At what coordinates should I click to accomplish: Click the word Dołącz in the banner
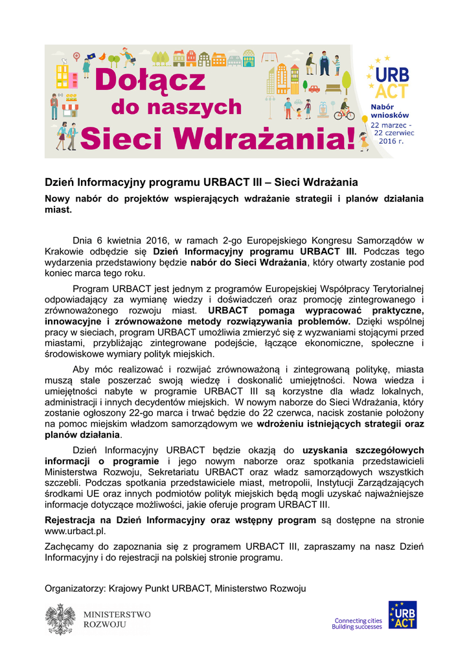coord(150,81)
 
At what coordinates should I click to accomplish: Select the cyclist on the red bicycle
coord(344,111)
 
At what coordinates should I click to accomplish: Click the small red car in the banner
coord(314,88)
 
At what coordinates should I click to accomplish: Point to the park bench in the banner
coord(332,87)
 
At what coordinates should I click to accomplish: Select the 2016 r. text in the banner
coord(391,140)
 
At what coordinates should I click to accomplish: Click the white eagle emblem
coord(60,619)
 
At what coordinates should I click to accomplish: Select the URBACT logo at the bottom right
coord(402,615)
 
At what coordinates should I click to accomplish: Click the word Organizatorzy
coord(74,588)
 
